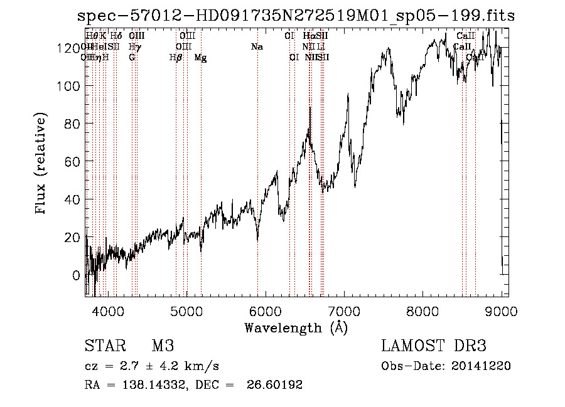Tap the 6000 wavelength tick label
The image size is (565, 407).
click(265, 311)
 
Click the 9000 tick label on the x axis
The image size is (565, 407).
click(501, 311)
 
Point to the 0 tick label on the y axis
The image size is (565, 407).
click(76, 275)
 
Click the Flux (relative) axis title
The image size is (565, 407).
click(42, 164)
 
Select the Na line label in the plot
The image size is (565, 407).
click(256, 46)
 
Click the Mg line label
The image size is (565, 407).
click(200, 58)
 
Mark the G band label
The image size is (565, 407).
click(132, 58)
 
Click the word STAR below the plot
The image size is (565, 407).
click(103, 346)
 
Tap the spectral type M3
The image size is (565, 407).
click(163, 346)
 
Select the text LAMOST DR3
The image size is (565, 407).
click(434, 346)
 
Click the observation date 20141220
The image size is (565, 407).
click(480, 366)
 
